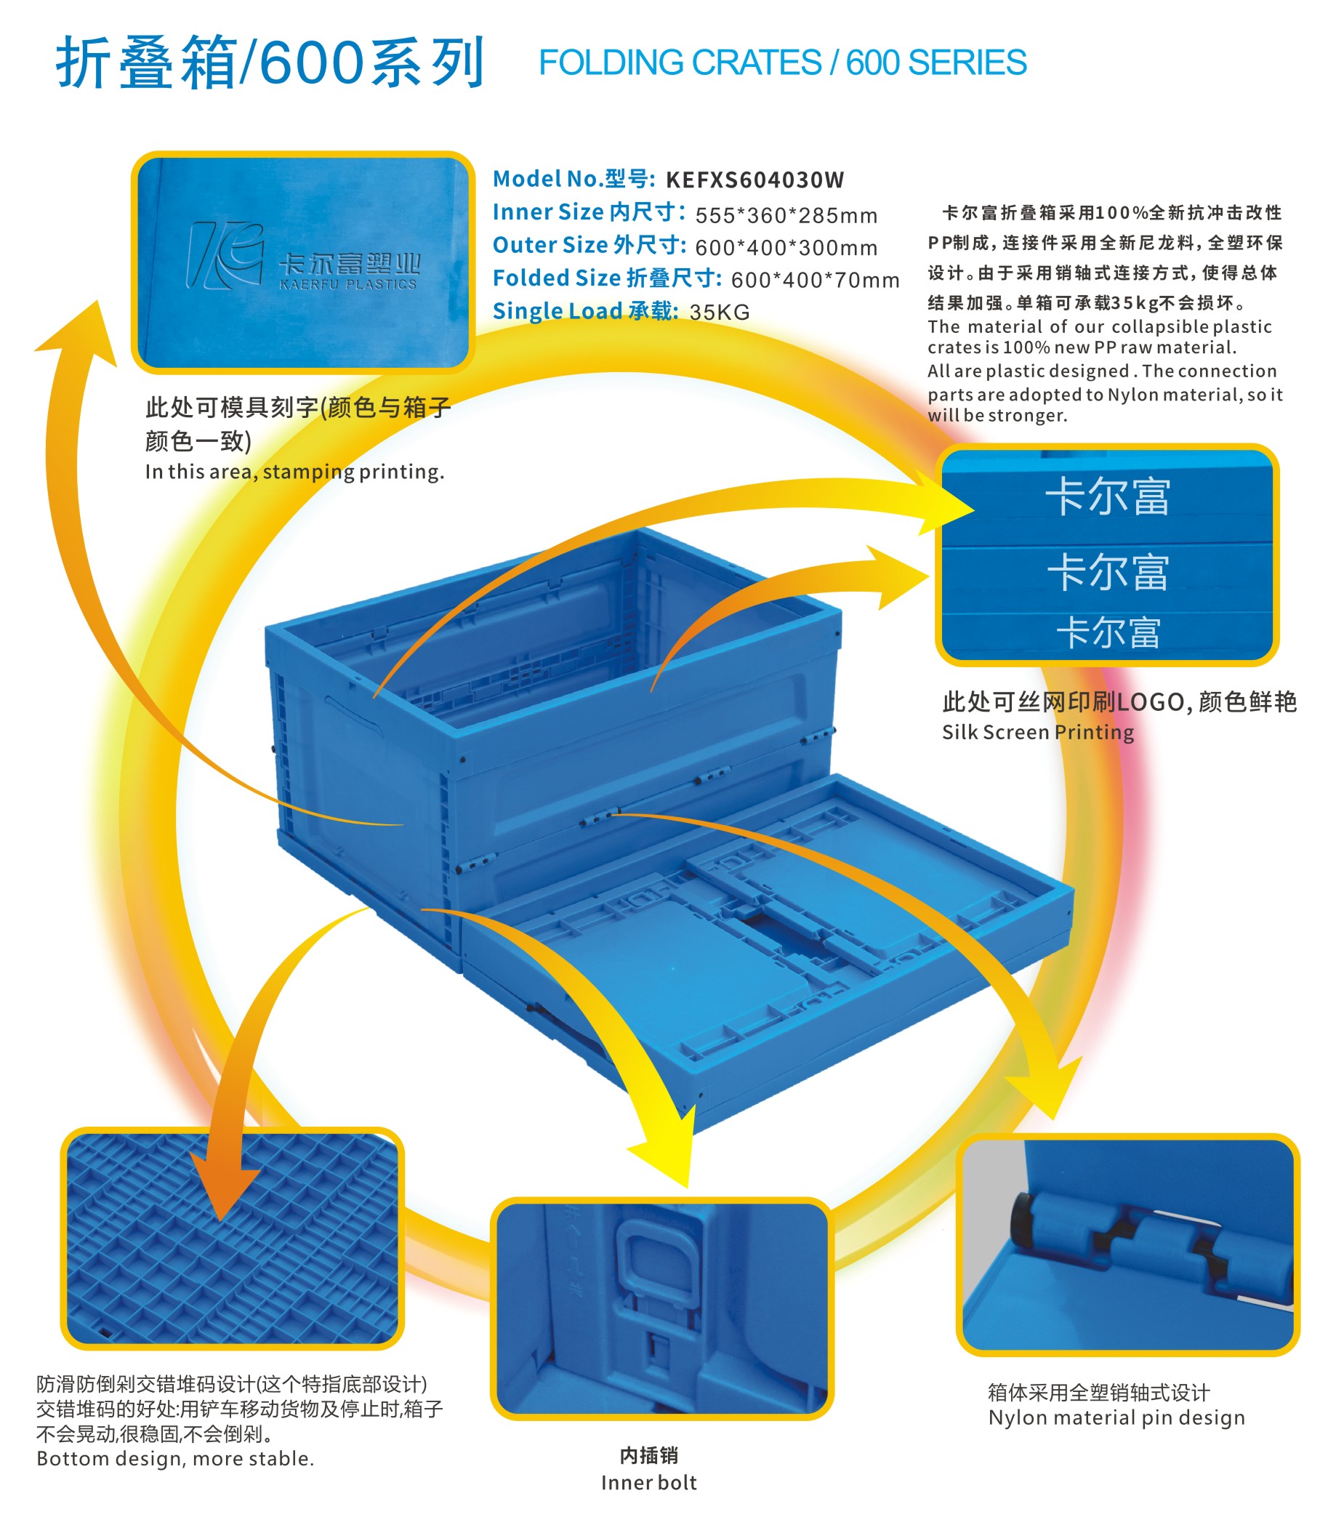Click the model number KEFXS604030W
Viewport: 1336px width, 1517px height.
pyautogui.click(x=754, y=180)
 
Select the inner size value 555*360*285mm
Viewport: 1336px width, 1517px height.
pyautogui.click(x=786, y=216)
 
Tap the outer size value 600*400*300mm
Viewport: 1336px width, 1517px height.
pyautogui.click(x=786, y=248)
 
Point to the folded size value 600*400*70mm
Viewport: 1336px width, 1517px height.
pyautogui.click(x=814, y=281)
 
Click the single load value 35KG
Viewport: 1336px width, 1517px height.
pyautogui.click(x=719, y=313)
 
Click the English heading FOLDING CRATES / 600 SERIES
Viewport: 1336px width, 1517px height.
pyautogui.click(x=781, y=63)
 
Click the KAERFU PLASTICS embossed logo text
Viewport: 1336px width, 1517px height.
pyautogui.click(x=347, y=285)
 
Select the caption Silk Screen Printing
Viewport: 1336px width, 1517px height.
pyautogui.click(x=1038, y=733)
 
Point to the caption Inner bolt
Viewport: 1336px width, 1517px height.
pyautogui.click(x=648, y=1483)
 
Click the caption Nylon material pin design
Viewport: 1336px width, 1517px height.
pyautogui.click(x=1116, y=1417)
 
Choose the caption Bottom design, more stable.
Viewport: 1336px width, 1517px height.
pyautogui.click(x=175, y=1458)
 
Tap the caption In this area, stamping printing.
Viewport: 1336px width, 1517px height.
pyautogui.click(x=294, y=472)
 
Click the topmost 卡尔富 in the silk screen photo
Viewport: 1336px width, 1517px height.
pyautogui.click(x=1106, y=496)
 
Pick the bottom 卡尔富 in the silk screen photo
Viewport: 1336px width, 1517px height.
pyautogui.click(x=1107, y=633)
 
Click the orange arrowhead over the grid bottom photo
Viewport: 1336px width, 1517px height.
pyautogui.click(x=222, y=1188)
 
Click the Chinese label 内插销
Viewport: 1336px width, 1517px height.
pyautogui.click(x=648, y=1455)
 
